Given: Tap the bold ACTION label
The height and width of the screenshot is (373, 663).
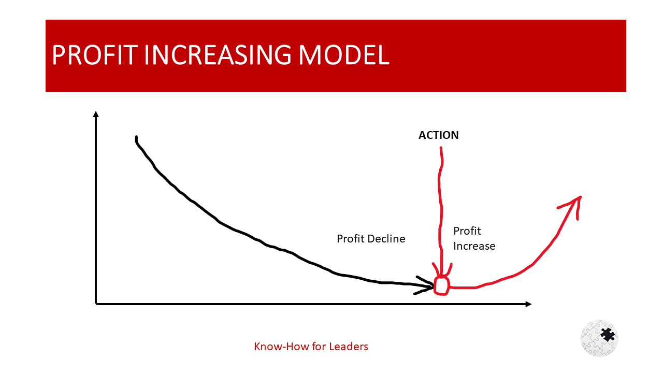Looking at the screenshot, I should point(438,135).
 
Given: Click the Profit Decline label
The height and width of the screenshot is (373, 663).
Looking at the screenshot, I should point(371,239).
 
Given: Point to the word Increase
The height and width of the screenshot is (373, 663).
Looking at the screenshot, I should point(474,246).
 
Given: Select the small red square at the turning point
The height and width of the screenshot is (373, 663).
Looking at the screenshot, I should point(441,286).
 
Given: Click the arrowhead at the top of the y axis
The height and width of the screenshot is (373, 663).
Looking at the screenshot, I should point(96,114).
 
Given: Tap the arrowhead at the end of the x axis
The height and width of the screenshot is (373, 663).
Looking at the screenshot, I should point(528,304).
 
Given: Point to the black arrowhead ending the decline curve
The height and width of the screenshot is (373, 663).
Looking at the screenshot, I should point(428,286).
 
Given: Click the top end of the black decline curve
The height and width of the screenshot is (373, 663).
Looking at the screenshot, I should point(136,138).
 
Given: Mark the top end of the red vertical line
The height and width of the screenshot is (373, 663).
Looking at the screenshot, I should point(441,149).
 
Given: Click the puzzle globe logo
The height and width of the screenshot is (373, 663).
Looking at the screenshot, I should point(599,338).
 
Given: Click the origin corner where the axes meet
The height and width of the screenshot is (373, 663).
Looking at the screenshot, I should point(96,304).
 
